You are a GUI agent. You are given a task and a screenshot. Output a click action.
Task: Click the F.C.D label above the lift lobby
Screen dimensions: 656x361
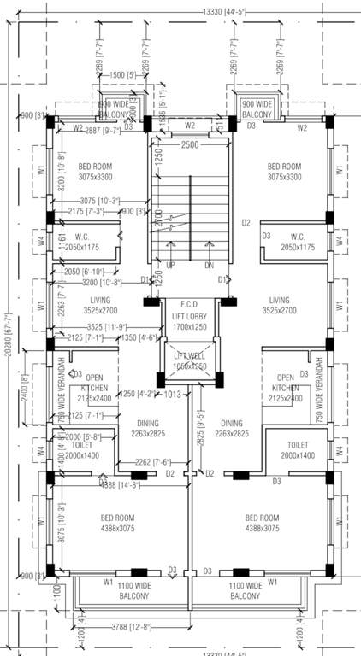[189, 303]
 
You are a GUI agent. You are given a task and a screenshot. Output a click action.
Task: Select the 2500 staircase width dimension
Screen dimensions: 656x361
[189, 146]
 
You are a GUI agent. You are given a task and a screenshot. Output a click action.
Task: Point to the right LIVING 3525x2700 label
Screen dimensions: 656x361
[279, 306]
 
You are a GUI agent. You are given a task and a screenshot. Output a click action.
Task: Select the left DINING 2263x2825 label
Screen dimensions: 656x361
[139, 428]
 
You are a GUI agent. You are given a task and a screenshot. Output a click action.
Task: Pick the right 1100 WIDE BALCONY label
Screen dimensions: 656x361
[246, 590]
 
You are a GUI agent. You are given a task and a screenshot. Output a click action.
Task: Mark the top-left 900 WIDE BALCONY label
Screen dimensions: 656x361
[113, 109]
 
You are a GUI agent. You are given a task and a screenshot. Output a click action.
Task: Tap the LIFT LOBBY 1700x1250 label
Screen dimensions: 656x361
[189, 320]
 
